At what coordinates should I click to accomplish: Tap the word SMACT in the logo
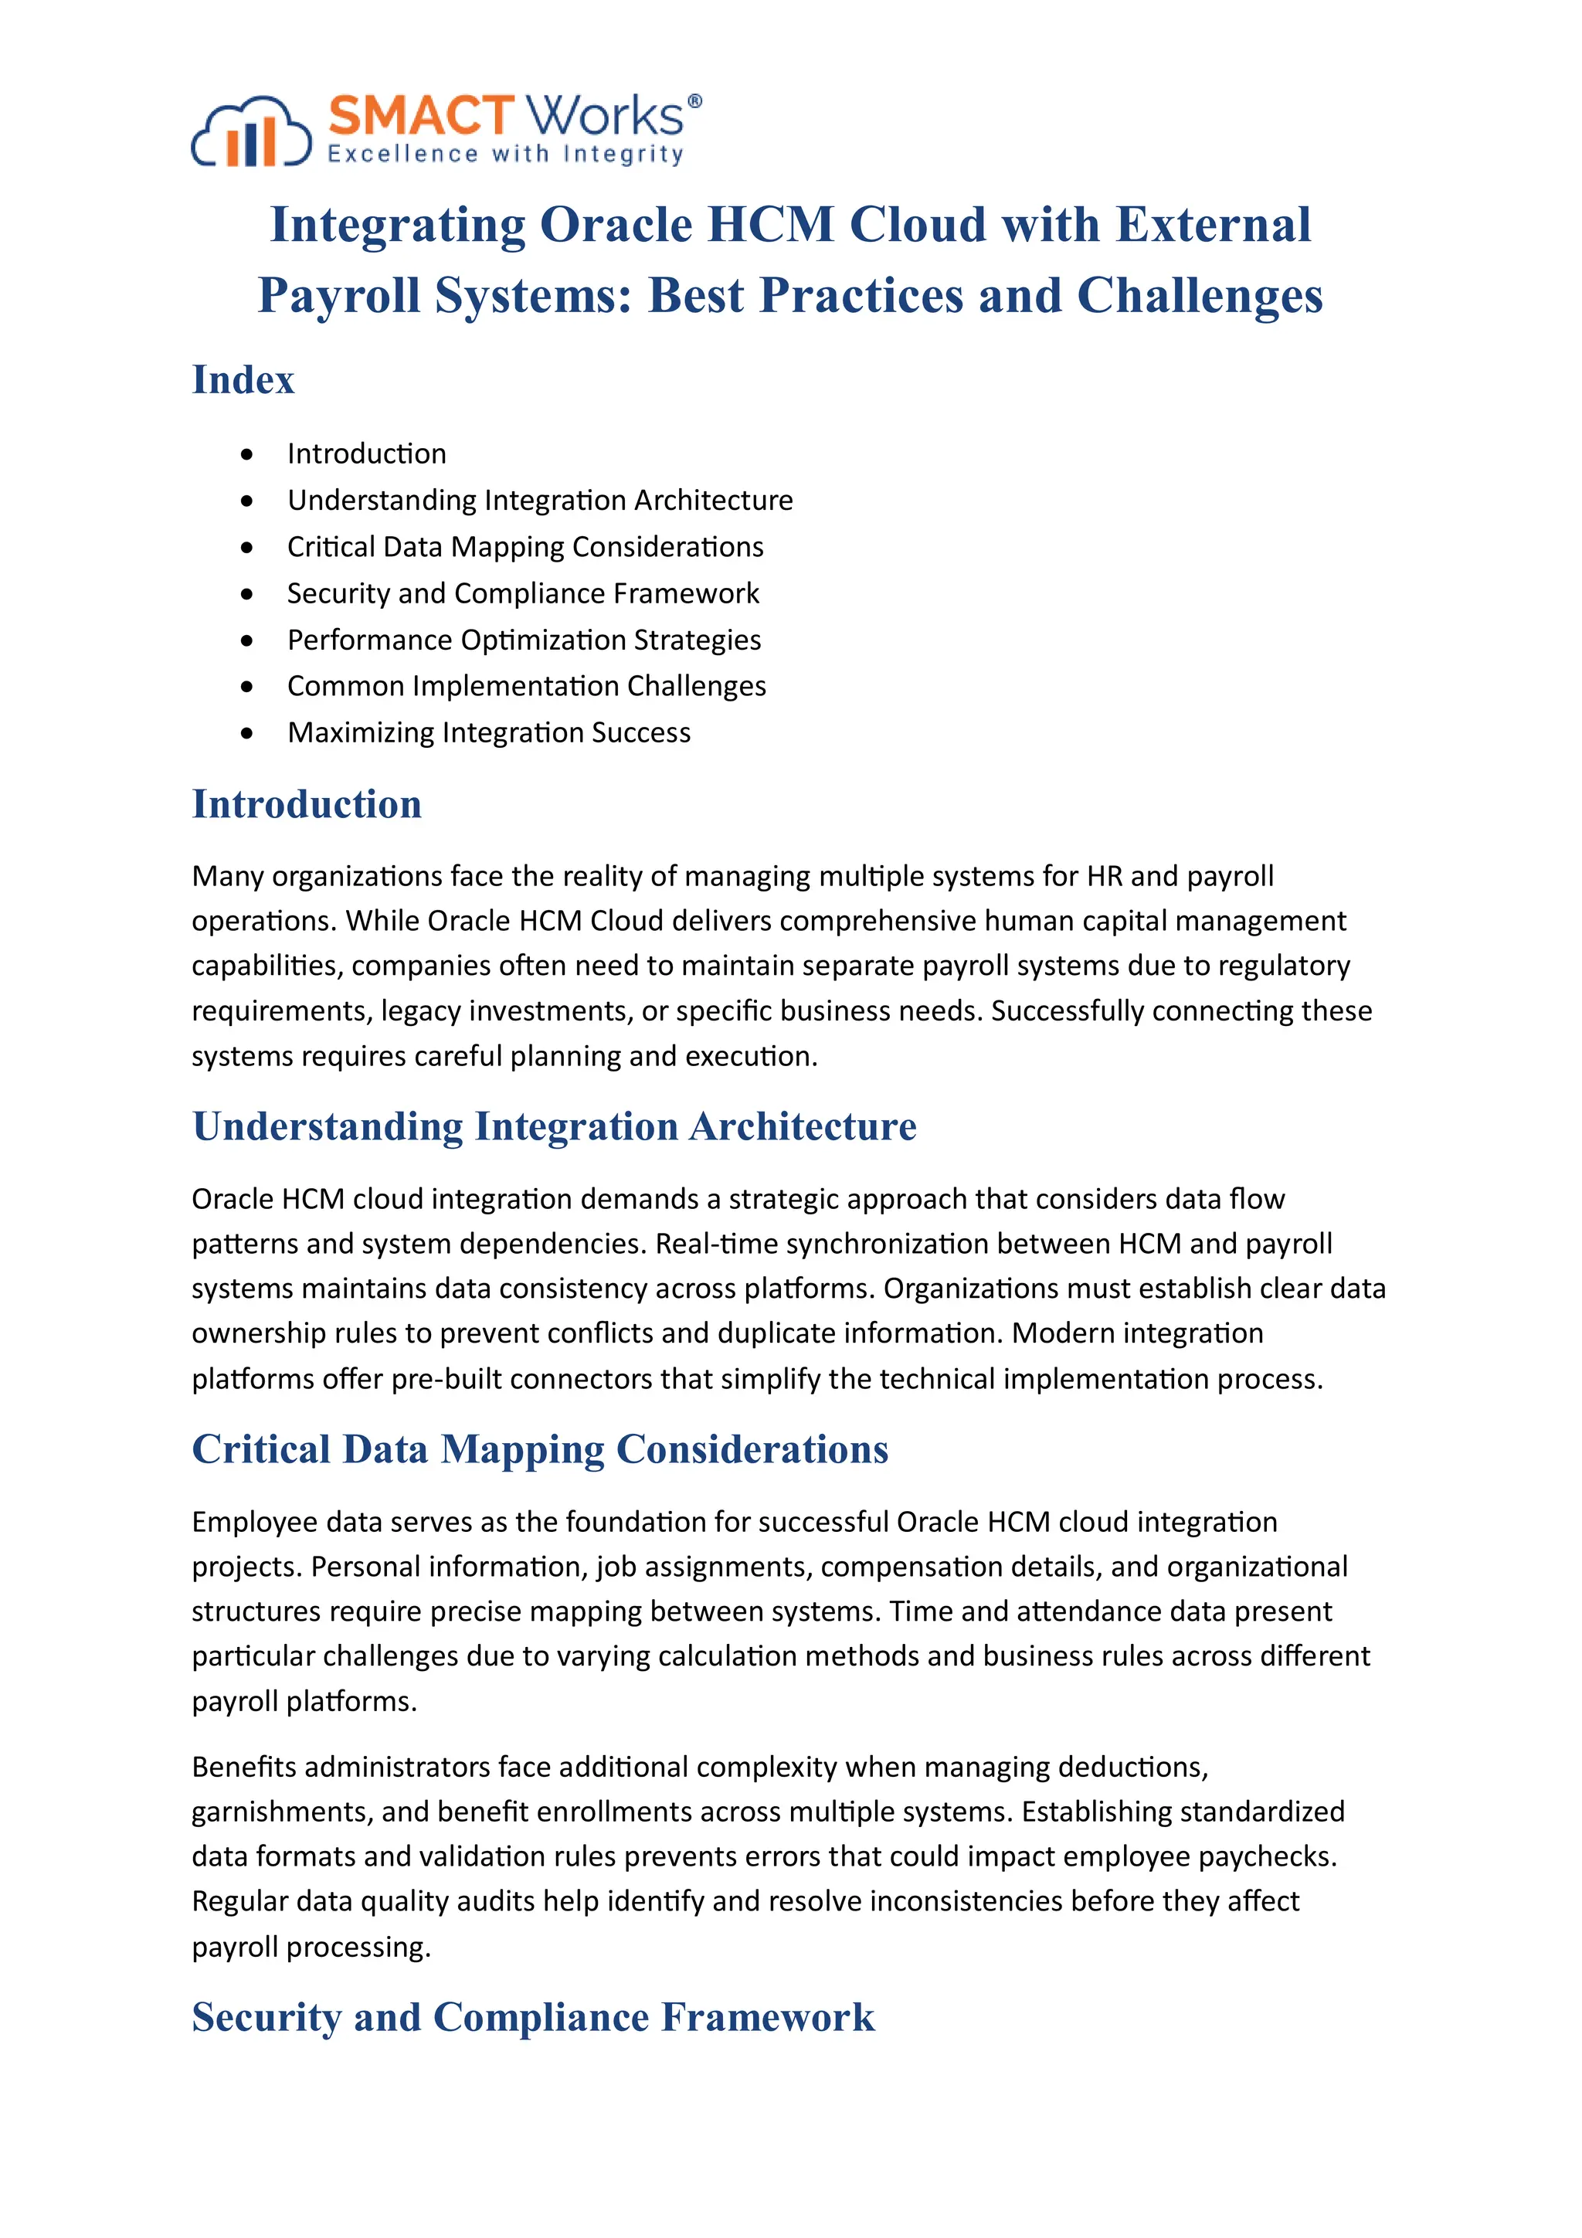(420, 116)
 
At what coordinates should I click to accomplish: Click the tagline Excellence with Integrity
(505, 154)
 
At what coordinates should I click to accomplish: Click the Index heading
(243, 380)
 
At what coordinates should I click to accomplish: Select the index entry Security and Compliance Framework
(522, 593)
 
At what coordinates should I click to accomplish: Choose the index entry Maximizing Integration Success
(488, 732)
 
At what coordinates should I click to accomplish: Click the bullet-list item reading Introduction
(366, 453)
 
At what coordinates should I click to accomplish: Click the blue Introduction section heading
(306, 804)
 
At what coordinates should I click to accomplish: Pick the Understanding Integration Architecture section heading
(554, 1127)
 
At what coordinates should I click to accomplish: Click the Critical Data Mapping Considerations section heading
(540, 1449)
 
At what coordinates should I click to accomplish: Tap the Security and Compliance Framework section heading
(533, 2017)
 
